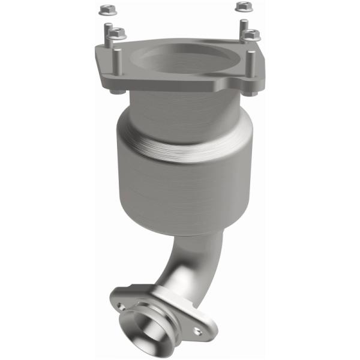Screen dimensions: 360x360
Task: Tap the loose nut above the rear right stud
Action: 242,7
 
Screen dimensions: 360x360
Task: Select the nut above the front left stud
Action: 118,33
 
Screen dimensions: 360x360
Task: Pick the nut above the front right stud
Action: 252,35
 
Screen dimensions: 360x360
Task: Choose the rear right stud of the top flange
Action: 244,28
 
